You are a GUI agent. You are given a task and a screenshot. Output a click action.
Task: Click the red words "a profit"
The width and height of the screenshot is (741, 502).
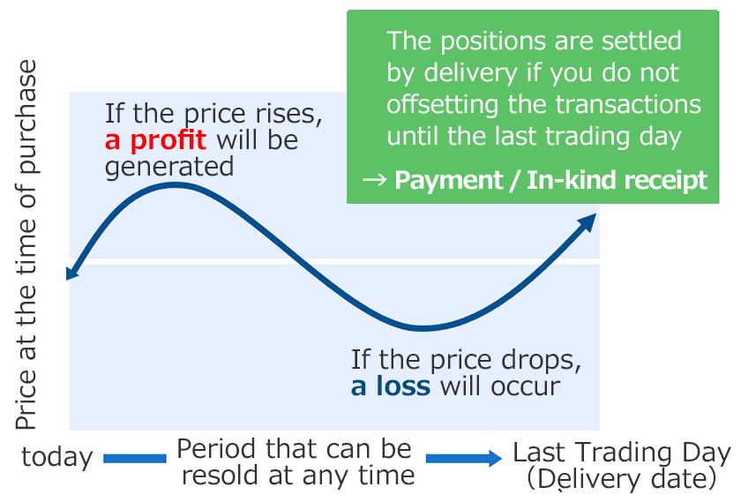(155, 140)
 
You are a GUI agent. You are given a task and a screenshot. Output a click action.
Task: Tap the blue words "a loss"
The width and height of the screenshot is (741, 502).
(390, 386)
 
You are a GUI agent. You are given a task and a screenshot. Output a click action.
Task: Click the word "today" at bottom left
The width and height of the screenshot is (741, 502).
(57, 458)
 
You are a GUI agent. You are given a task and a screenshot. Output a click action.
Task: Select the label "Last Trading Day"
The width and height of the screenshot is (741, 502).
(622, 453)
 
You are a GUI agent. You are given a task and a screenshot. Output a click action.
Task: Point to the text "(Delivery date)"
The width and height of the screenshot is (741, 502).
(621, 479)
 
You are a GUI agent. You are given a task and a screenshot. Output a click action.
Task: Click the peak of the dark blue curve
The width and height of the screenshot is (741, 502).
(175, 184)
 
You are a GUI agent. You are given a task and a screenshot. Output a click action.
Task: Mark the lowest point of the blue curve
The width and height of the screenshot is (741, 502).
(423, 328)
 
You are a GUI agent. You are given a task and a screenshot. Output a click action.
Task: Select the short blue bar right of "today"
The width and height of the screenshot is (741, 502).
(135, 459)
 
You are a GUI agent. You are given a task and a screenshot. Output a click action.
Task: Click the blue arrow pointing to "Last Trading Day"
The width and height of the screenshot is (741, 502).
(464, 458)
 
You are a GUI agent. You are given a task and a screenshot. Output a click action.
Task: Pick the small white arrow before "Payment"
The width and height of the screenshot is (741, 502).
(375, 179)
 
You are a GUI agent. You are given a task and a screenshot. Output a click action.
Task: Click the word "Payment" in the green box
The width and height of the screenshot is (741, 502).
(449, 181)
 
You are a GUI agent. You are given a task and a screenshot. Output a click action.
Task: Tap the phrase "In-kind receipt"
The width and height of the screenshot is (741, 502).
(617, 180)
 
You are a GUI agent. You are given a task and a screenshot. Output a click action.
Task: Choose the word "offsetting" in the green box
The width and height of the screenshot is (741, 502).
(442, 105)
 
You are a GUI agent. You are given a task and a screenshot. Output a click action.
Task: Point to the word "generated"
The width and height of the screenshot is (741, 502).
(169, 168)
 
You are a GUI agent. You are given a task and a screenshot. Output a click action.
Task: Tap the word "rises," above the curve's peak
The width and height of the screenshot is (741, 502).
(289, 115)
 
